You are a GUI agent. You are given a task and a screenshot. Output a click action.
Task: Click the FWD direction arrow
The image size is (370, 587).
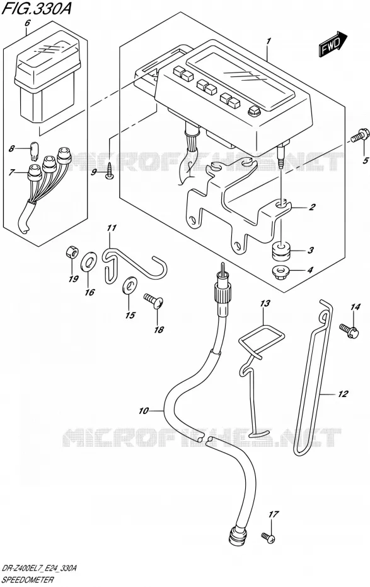[333, 44]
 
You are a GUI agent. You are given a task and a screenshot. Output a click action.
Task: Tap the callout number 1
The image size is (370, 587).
[269, 41]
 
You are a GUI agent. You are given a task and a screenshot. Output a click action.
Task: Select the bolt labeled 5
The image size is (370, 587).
[361, 136]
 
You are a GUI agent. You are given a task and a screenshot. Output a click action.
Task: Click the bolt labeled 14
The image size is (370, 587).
[350, 329]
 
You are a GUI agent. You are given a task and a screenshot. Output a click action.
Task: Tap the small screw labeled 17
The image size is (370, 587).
[269, 538]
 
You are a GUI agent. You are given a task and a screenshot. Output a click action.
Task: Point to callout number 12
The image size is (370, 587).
[342, 394]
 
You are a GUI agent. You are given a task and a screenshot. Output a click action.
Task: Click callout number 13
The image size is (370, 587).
[265, 303]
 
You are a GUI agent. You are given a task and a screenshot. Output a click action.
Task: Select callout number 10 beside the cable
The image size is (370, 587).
[144, 411]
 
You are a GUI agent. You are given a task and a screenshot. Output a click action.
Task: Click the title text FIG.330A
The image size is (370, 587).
[36, 8]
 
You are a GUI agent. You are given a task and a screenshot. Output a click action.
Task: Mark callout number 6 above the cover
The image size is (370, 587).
[27, 23]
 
